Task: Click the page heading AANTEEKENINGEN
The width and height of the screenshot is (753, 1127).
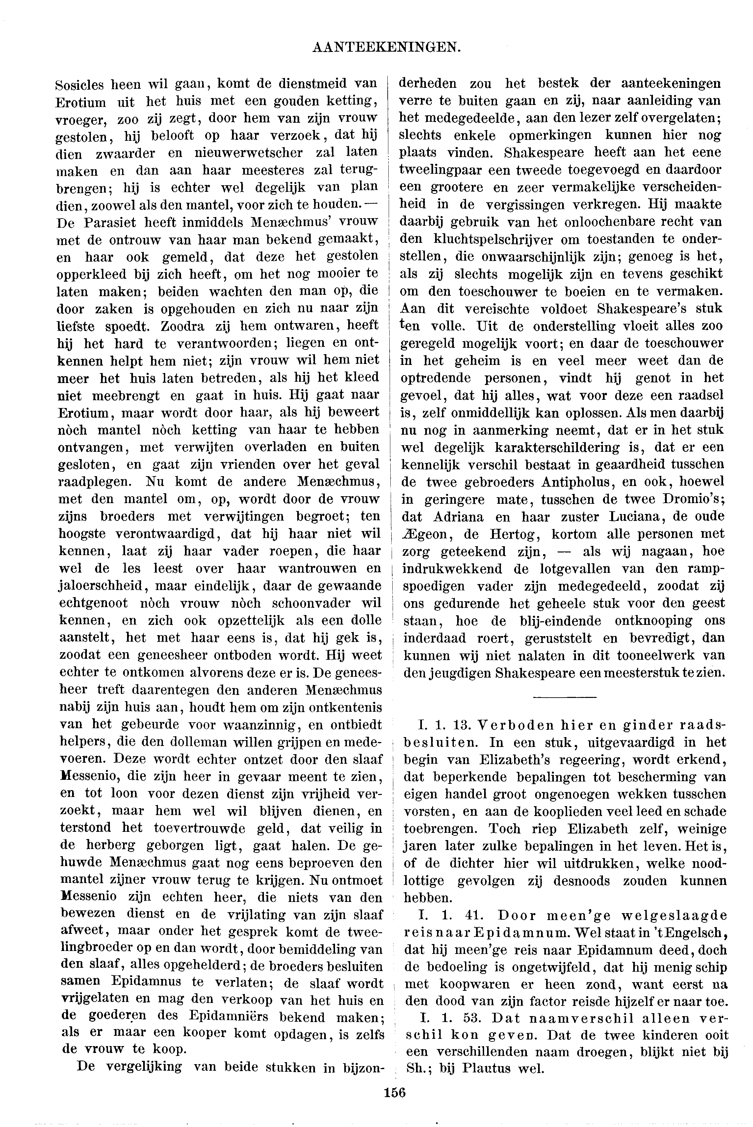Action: (387, 47)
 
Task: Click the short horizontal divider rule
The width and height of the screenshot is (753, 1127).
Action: (564, 697)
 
